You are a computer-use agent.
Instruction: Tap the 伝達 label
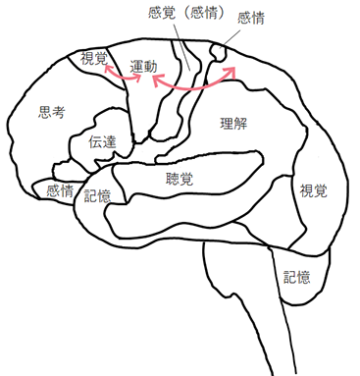pyautogui.click(x=102, y=142)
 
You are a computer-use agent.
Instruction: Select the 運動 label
pyautogui.click(x=143, y=66)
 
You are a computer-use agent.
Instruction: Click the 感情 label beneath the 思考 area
pyautogui.click(x=59, y=190)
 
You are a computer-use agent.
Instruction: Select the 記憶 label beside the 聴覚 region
pyautogui.click(x=97, y=196)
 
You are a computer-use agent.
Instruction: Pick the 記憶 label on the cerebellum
pyautogui.click(x=297, y=277)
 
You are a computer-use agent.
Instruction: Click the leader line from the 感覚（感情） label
pyautogui.click(x=182, y=44)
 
